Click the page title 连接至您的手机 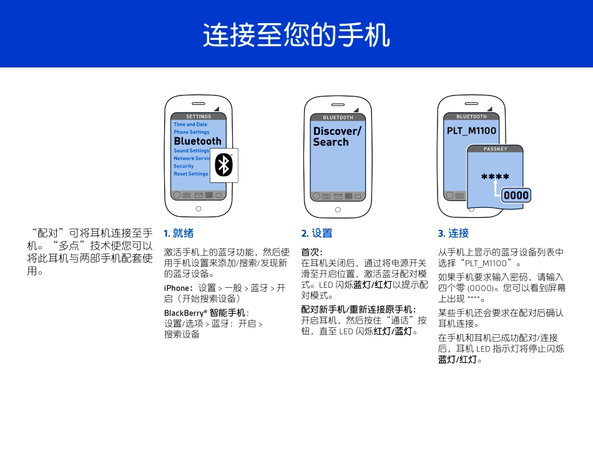point(296,36)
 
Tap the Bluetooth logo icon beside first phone point(224,165)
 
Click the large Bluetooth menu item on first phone point(197,141)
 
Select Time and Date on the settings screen point(190,124)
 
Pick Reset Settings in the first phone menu point(190,174)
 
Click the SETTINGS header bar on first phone point(198,117)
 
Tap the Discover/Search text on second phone point(337,136)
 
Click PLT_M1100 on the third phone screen point(471,131)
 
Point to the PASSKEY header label point(495,149)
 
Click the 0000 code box point(516,195)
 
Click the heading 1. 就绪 point(179,234)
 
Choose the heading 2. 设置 point(316,234)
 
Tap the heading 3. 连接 point(453,234)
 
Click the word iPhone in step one point(176,288)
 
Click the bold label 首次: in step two point(311,252)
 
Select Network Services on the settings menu point(191,159)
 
